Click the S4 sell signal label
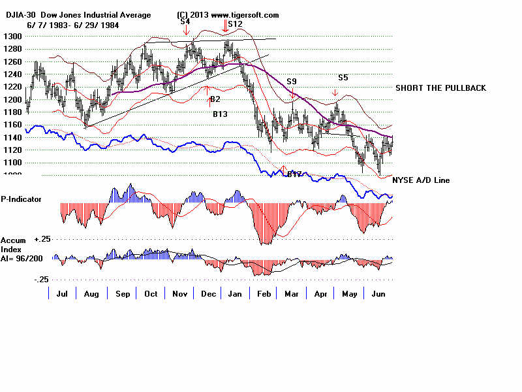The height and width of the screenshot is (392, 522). tap(185, 22)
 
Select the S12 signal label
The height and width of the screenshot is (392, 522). tap(235, 24)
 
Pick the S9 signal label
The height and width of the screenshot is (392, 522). tap(292, 82)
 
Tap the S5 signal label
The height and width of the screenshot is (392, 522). tap(343, 77)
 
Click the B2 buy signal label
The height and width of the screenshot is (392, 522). tap(215, 99)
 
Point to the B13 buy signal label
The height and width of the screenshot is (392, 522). tap(220, 114)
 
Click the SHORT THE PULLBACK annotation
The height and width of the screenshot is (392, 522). tap(440, 88)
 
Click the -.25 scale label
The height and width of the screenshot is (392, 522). tap(41, 279)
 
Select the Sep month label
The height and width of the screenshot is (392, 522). tap(123, 295)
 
